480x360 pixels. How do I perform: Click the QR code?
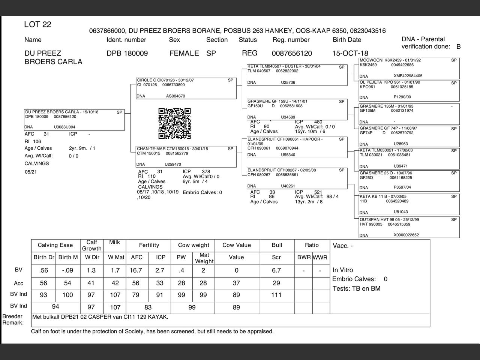(x=174, y=123)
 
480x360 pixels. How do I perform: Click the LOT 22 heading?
(x=37, y=25)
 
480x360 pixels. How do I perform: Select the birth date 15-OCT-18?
(x=350, y=53)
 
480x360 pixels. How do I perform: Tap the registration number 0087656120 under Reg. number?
(x=292, y=53)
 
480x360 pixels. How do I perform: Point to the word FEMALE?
(x=184, y=53)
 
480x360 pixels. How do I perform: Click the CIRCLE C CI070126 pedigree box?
(x=186, y=88)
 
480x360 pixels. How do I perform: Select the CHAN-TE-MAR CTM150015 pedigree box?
(x=186, y=156)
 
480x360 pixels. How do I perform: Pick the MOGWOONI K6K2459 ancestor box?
(x=409, y=68)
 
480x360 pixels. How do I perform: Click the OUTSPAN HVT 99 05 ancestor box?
(x=409, y=227)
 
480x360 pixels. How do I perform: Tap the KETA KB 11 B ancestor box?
(x=409, y=204)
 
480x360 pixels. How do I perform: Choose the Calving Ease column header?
(x=55, y=245)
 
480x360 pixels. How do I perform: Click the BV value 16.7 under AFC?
(x=136, y=270)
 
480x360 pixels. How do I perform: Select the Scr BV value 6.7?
(x=276, y=270)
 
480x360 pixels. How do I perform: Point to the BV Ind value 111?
(x=276, y=295)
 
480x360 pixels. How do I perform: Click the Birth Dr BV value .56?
(x=43, y=270)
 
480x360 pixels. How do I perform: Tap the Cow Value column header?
(x=236, y=245)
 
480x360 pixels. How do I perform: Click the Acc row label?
(x=18, y=283)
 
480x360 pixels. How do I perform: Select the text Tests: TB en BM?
(x=356, y=288)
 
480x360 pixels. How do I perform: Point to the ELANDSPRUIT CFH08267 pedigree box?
(x=297, y=178)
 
